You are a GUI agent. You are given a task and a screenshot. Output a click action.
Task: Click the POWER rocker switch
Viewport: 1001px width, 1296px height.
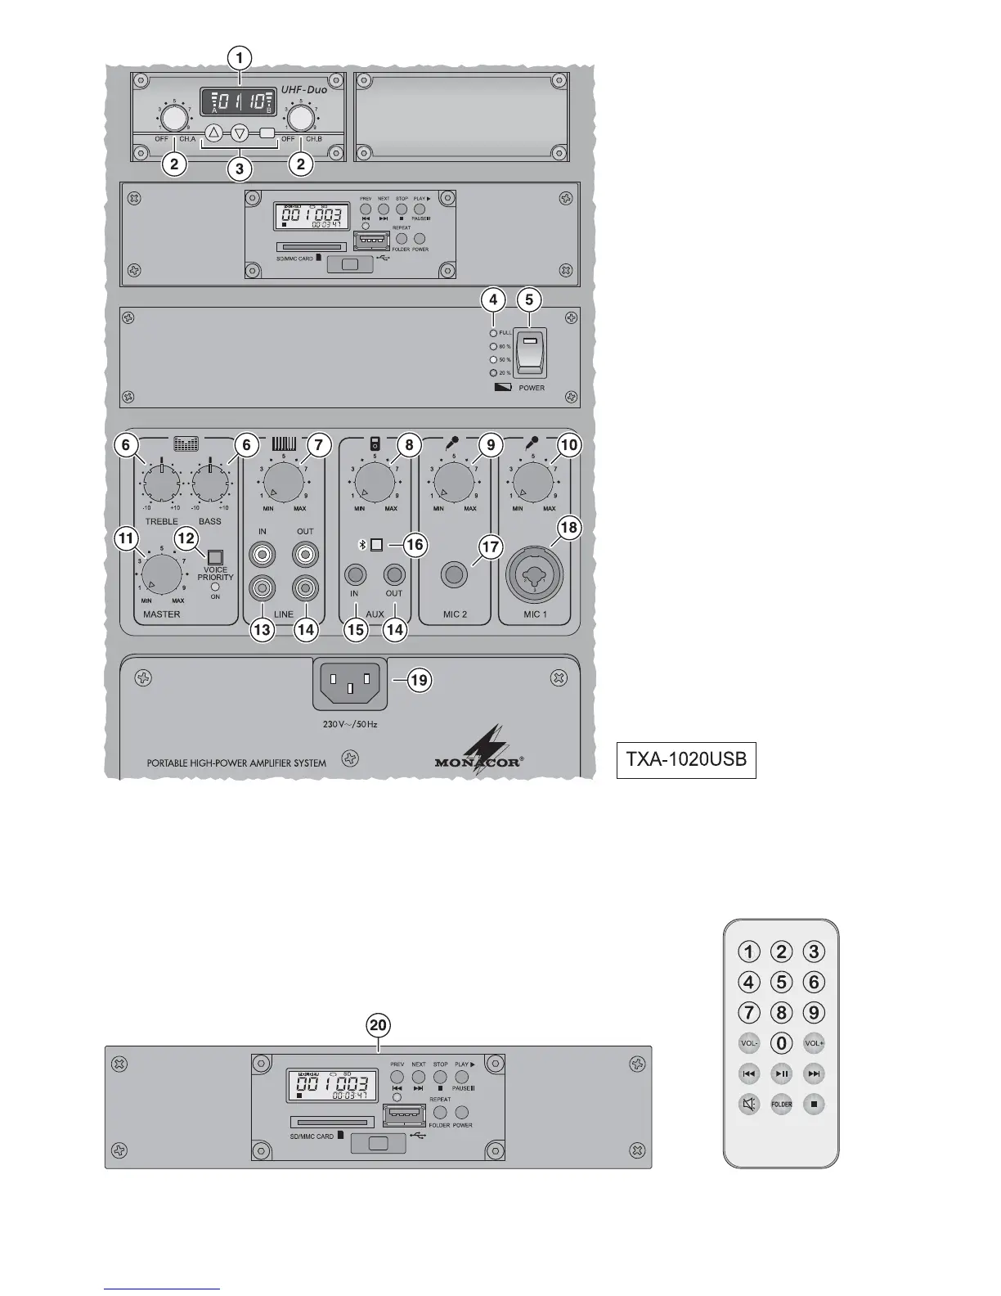[531, 353]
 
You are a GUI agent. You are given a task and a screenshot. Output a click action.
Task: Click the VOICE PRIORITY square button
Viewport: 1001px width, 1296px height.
[216, 559]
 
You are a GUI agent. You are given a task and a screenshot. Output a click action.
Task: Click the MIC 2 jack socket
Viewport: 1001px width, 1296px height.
[455, 575]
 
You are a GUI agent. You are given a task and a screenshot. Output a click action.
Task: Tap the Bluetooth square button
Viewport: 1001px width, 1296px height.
[376, 545]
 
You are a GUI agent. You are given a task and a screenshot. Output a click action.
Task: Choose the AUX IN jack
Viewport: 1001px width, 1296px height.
[355, 574]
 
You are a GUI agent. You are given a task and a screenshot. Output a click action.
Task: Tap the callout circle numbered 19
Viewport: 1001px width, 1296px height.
[420, 680]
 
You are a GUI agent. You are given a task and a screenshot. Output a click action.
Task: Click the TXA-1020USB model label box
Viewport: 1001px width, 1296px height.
[685, 759]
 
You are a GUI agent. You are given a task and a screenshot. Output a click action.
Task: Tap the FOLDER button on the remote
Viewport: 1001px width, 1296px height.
[782, 1105]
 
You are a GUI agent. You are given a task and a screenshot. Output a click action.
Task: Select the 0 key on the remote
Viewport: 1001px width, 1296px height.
[782, 1043]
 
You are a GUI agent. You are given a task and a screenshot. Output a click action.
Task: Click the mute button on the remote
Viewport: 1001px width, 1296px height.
[749, 1105]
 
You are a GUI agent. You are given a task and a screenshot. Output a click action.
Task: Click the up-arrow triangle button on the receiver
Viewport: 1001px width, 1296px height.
[213, 133]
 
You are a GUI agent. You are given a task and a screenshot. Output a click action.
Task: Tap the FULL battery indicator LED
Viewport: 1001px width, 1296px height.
[492, 333]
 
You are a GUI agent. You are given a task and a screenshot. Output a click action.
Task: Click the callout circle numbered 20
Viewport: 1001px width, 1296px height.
[379, 1025]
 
